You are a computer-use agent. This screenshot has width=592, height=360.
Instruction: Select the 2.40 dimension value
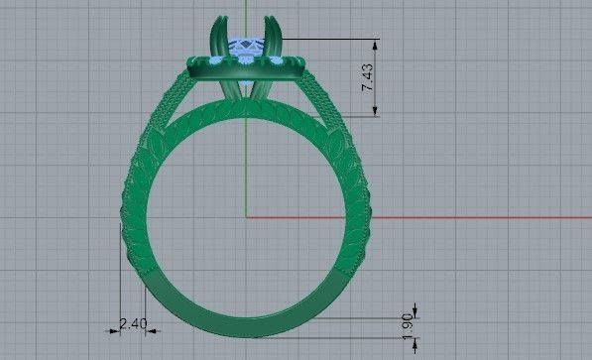tap(133, 323)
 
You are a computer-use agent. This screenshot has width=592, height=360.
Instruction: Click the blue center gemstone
tap(244, 46)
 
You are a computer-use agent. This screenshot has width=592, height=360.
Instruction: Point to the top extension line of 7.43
tap(327, 39)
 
